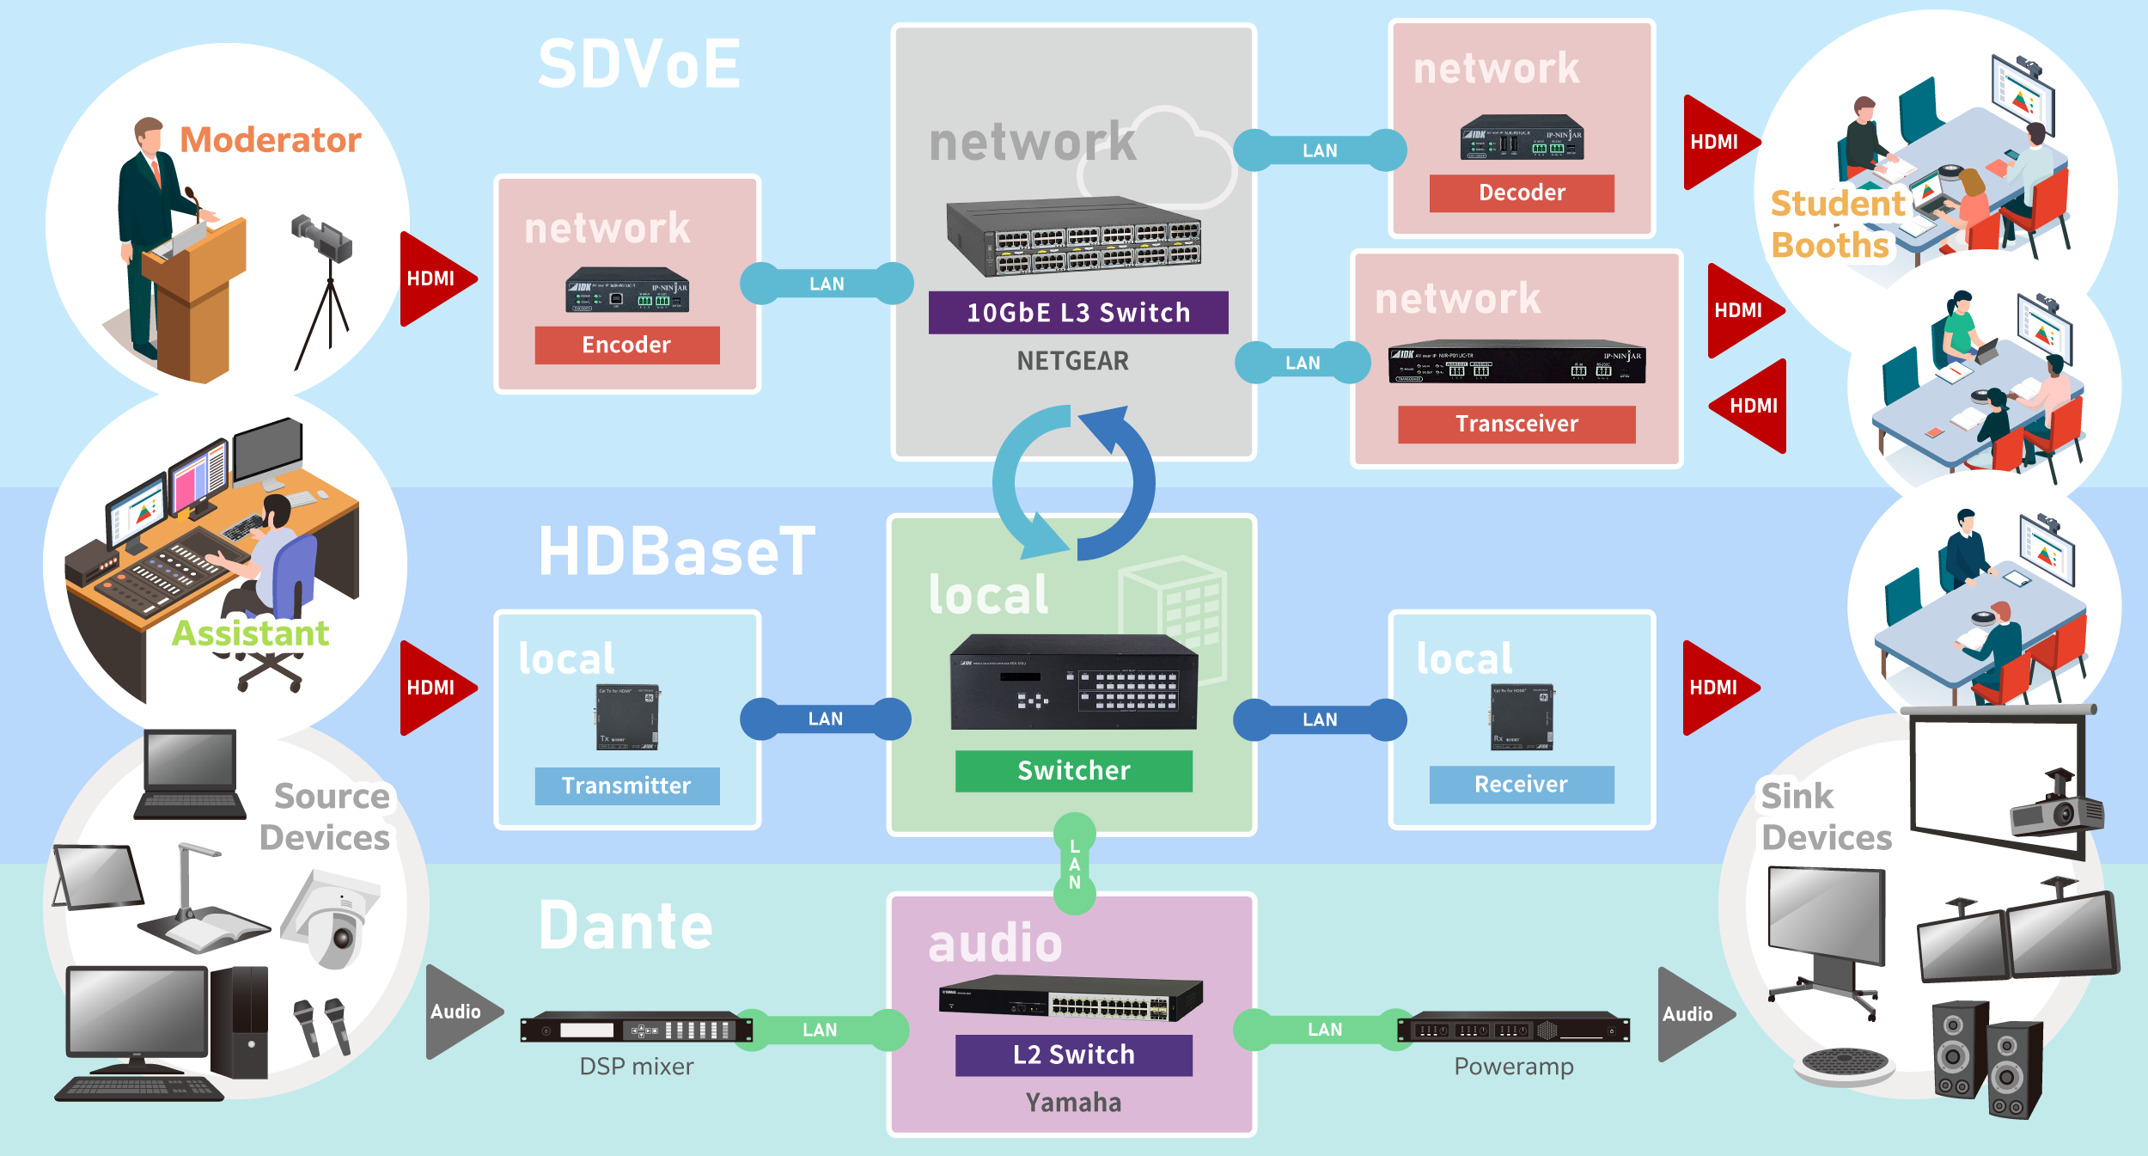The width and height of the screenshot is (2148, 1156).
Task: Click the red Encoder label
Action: click(x=626, y=345)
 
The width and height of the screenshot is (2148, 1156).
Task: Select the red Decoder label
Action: click(x=1522, y=193)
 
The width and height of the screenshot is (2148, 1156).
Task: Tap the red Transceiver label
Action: click(x=1516, y=424)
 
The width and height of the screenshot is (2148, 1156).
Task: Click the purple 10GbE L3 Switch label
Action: click(x=1078, y=313)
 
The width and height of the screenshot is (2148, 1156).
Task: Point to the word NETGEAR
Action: click(x=1073, y=361)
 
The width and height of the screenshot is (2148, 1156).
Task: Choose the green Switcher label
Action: click(x=1074, y=770)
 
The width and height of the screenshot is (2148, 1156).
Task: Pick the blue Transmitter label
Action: click(x=626, y=786)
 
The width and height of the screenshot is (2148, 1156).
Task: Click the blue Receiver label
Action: click(x=1522, y=784)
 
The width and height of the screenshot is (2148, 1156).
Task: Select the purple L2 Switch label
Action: click(x=1074, y=1055)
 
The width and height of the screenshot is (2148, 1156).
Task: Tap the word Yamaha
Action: click(x=1074, y=1103)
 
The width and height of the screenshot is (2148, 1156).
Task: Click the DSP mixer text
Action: click(x=637, y=1067)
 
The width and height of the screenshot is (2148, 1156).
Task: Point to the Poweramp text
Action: click(x=1514, y=1067)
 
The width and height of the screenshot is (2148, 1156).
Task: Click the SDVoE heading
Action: click(x=639, y=64)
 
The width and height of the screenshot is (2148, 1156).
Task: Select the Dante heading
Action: click(x=626, y=927)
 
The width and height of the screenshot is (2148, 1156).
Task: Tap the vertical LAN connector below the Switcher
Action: click(x=1075, y=864)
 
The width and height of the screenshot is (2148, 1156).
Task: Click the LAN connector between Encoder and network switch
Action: click(x=827, y=284)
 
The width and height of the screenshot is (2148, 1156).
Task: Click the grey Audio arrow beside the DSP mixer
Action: click(x=460, y=1012)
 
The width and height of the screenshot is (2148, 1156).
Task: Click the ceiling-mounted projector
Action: click(x=2056, y=808)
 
